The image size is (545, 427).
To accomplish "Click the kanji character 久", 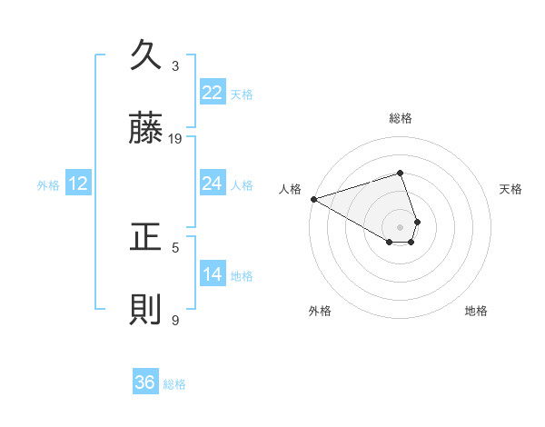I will [146, 56].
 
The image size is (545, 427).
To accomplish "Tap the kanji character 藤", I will [146, 129].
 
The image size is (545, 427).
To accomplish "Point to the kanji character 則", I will [146, 310].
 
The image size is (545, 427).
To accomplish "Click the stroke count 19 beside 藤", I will [175, 138].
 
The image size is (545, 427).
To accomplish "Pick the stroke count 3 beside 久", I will [175, 65].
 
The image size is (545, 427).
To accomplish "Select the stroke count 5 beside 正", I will [175, 246].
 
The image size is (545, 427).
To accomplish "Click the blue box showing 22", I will [212, 93].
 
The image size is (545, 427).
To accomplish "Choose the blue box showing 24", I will [212, 184].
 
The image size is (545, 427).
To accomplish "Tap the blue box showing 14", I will [212, 274].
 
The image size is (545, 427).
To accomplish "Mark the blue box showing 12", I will [78, 184].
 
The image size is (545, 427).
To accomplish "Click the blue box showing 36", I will [145, 382].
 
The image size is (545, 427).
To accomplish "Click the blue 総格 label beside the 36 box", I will [174, 384].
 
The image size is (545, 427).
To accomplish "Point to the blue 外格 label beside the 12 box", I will [48, 185].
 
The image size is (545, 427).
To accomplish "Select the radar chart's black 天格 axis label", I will [511, 189].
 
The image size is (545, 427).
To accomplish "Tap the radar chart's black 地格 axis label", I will [476, 312].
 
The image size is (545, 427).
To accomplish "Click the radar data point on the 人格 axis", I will [312, 199].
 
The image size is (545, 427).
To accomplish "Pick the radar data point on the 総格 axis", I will [400, 173].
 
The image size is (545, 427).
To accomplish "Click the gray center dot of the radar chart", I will [400, 227].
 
